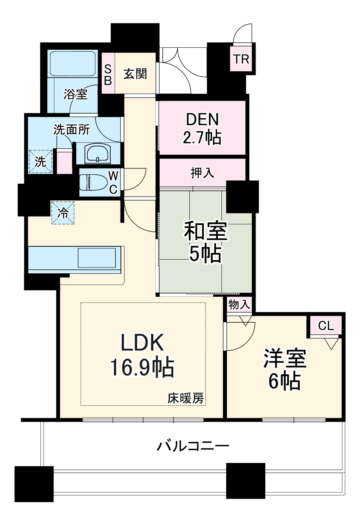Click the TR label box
241,59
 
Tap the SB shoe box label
108,74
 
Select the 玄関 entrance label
135,74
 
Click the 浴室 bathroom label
76,94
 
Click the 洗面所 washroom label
72,130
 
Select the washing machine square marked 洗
41,162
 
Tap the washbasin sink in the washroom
98,153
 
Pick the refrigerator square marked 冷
63,213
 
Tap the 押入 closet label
202,173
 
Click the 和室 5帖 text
205,242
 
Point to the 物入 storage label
239,305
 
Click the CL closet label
326,326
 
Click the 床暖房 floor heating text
186,398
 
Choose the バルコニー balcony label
193,446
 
